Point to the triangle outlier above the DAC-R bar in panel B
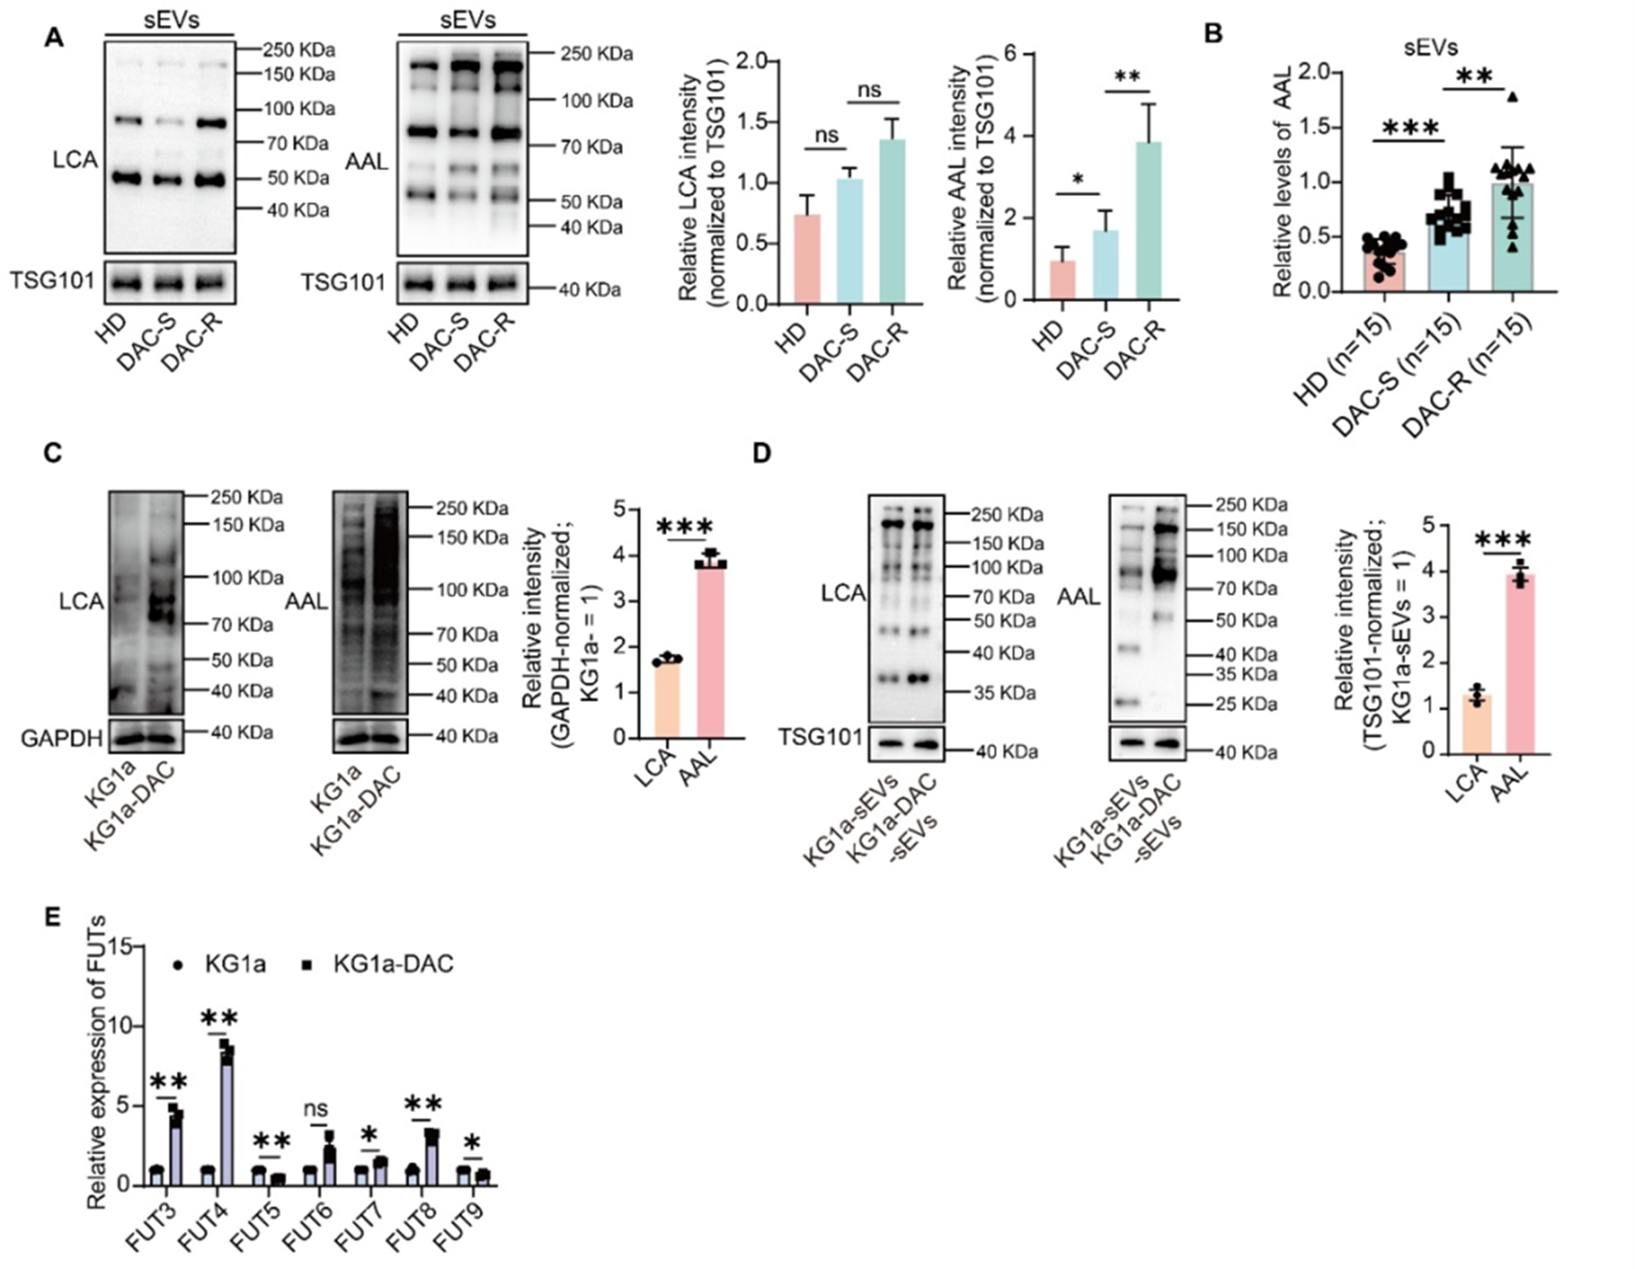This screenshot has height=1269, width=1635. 1512,96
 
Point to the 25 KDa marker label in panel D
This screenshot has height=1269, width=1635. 1245,704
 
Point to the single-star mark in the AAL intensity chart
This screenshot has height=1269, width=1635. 1078,180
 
